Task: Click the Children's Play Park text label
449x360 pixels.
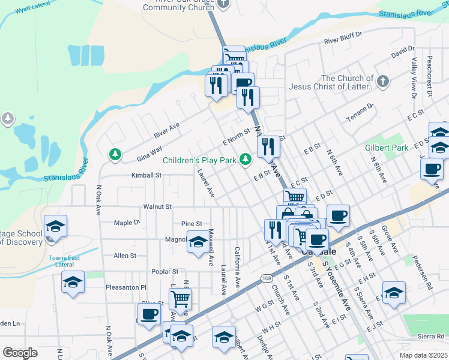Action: (200, 160)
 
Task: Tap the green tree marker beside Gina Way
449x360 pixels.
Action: (115, 155)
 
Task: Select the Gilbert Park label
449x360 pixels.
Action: (386, 148)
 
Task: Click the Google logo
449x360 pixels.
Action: (20, 352)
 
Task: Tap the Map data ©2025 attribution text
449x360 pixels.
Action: (423, 355)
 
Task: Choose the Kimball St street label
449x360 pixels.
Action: (147, 176)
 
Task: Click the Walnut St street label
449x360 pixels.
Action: (157, 206)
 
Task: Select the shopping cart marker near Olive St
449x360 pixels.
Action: (180, 298)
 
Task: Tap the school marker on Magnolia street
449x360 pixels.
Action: (198, 242)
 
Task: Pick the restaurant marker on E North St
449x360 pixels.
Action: (268, 146)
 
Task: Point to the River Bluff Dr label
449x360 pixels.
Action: (344, 41)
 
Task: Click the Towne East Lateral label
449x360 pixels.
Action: (64, 261)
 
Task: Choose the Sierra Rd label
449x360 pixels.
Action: (433, 337)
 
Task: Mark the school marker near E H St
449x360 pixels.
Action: (393, 293)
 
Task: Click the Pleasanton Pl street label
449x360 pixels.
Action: (126, 287)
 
